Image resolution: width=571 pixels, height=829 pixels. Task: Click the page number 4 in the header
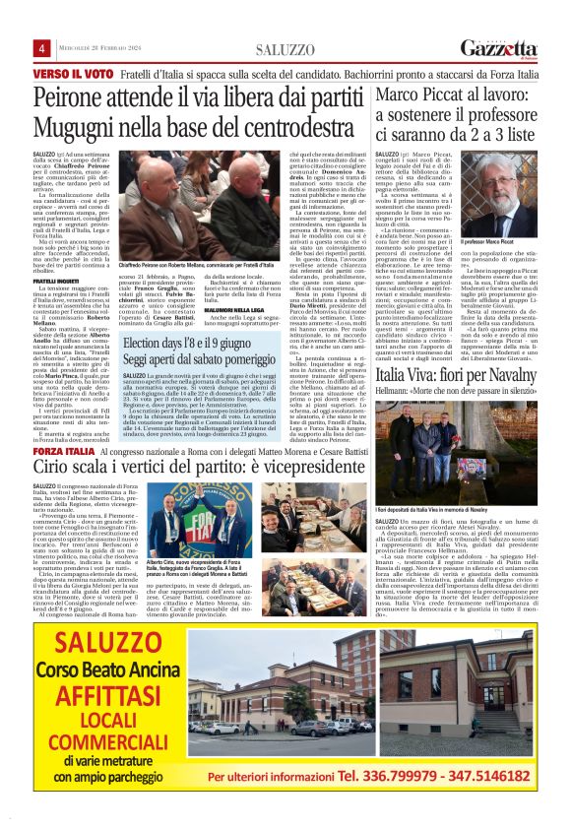42,49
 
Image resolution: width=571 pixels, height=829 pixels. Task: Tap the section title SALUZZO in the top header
285,49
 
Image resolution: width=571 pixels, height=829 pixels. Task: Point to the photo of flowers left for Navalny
454,457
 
